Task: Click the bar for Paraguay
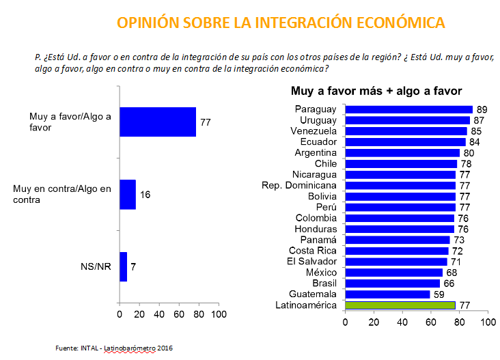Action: click(x=408, y=109)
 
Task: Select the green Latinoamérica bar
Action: click(x=400, y=305)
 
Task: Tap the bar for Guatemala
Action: click(x=387, y=294)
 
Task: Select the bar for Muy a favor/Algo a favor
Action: click(x=158, y=122)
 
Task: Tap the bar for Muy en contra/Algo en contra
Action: click(x=128, y=195)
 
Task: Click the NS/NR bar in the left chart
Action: click(x=123, y=266)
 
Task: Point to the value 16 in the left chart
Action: click(x=145, y=195)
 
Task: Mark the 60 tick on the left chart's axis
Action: click(x=179, y=315)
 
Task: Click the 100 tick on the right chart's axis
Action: click(x=487, y=322)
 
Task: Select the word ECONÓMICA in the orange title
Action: click(x=401, y=23)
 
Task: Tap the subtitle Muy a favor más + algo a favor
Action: click(x=376, y=91)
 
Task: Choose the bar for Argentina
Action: click(x=402, y=153)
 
